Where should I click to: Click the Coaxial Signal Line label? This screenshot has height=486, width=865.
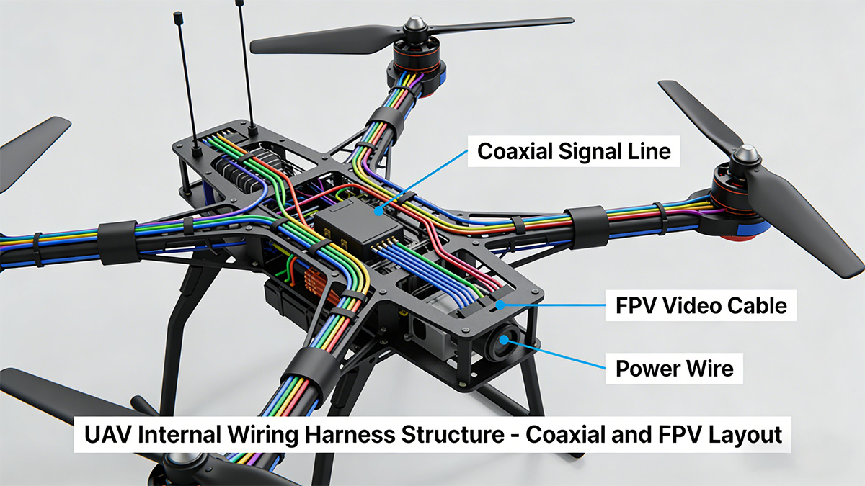(574, 152)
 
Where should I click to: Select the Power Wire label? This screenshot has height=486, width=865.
(674, 369)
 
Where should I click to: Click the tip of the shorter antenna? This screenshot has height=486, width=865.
(175, 14)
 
